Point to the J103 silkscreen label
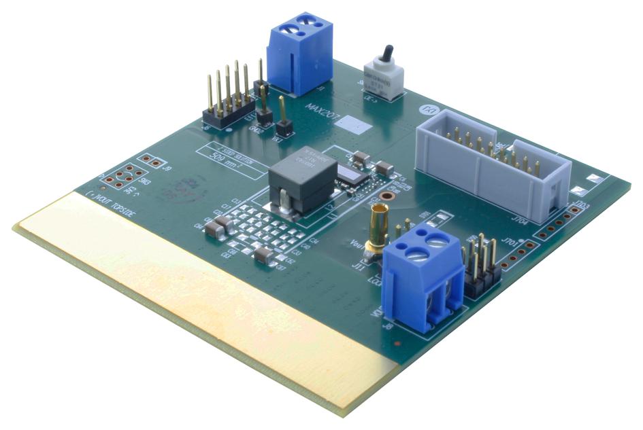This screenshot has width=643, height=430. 580,203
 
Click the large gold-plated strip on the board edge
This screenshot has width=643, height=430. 197,299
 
